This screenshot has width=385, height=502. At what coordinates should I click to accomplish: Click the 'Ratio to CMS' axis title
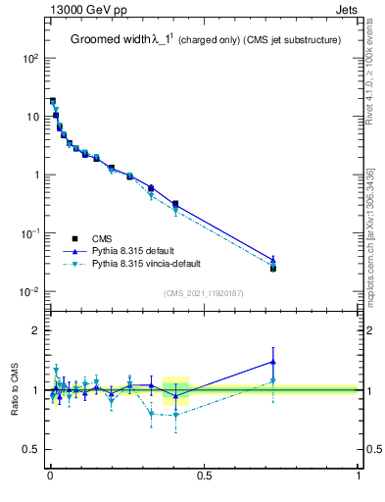pyautogui.click(x=14, y=389)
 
